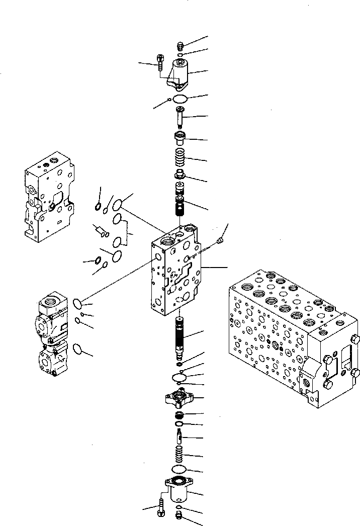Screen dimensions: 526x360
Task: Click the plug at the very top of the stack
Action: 181,46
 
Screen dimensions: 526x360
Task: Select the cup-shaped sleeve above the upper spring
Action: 180,137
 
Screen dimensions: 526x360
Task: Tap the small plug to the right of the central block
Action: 220,242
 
